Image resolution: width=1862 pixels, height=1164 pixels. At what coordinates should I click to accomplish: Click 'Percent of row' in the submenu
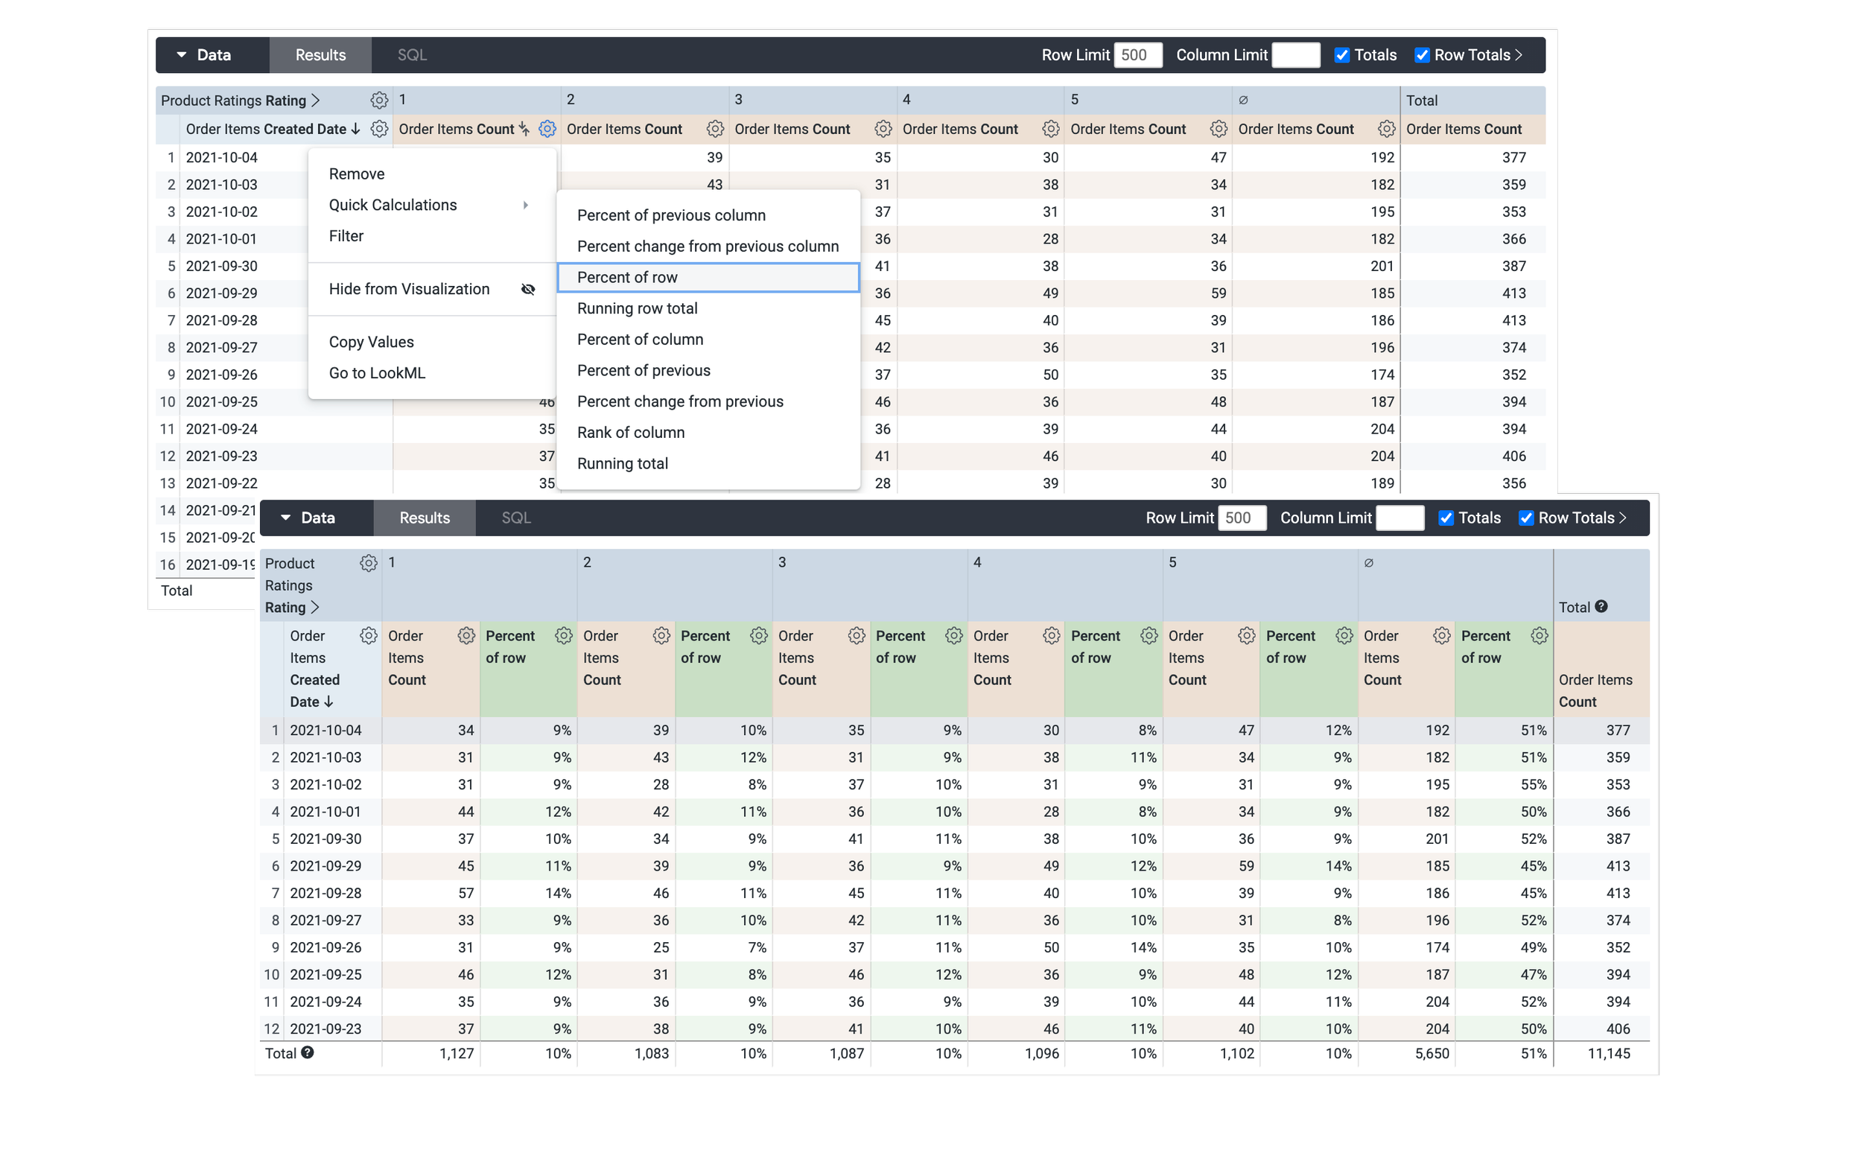(627, 277)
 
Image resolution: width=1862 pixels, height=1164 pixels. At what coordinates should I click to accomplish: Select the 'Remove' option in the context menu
(357, 174)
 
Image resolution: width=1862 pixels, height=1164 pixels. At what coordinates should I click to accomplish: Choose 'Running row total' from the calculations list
(638, 308)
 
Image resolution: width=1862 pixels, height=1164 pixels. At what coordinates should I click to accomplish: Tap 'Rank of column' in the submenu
(630, 433)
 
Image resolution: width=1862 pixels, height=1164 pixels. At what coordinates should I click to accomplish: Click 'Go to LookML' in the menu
(376, 373)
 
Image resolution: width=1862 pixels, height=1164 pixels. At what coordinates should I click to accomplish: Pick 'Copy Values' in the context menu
(371, 342)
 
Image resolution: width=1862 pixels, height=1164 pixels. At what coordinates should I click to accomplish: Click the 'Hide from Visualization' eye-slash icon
(528, 290)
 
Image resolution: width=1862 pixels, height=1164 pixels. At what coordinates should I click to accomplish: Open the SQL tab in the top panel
(412, 55)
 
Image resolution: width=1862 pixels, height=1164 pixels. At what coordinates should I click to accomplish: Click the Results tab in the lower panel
(424, 518)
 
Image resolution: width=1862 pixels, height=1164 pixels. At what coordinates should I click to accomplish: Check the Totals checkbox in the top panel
(1341, 55)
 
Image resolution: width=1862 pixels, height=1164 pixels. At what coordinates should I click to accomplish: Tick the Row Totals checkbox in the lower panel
(1525, 518)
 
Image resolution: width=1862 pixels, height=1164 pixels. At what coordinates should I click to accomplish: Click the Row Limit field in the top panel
(1137, 55)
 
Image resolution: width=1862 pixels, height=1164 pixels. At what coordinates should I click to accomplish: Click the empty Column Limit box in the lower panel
(1399, 518)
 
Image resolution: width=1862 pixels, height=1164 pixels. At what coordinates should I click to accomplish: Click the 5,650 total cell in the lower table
(1432, 1053)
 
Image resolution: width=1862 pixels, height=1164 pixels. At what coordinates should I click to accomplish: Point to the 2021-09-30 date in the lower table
(325, 839)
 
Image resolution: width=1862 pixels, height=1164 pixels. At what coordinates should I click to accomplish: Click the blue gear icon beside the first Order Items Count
(547, 130)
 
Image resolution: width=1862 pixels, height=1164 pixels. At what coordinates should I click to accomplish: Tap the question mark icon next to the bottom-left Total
(307, 1052)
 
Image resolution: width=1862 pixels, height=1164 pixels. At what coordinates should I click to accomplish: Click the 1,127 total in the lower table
(457, 1053)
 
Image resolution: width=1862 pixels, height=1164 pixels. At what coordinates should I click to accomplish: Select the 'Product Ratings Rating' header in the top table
(233, 101)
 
